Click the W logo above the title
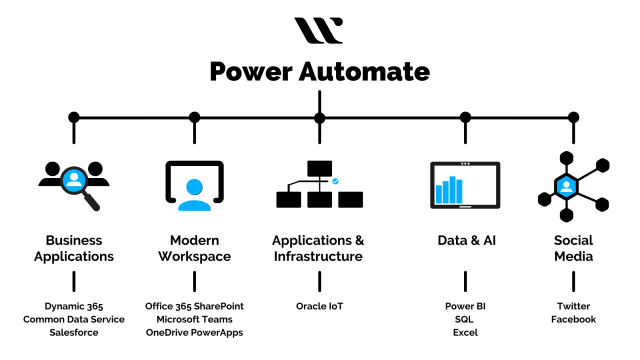click(x=319, y=30)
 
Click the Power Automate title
click(x=319, y=72)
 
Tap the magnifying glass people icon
click(x=72, y=182)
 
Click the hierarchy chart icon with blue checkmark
click(x=319, y=184)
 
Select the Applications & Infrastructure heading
click(x=319, y=248)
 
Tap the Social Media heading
click(x=573, y=248)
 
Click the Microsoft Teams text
click(x=194, y=319)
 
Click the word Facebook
click(x=573, y=319)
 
